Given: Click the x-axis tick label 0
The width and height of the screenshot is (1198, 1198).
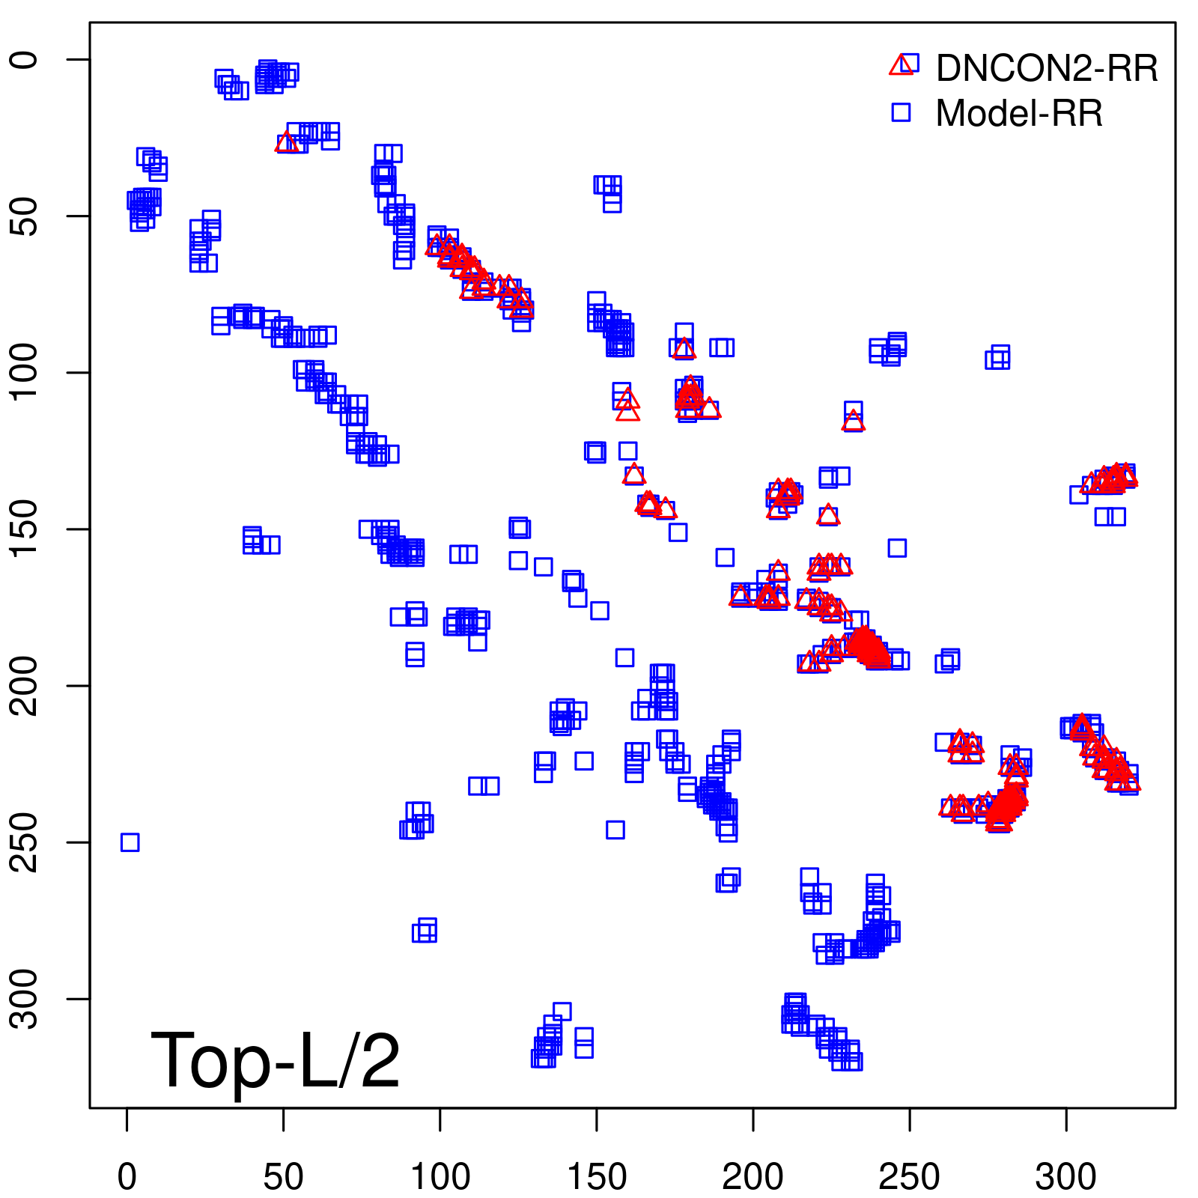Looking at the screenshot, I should click(127, 1177).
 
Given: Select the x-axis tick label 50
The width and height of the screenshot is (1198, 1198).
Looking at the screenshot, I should click(284, 1177).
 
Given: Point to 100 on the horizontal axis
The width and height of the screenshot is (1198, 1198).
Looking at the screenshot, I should click(440, 1177).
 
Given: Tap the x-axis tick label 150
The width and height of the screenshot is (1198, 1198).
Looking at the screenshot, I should click(597, 1177).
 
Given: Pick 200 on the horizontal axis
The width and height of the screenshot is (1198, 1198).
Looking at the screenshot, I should click(753, 1177).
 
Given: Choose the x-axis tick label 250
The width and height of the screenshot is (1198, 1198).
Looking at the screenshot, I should click(910, 1177).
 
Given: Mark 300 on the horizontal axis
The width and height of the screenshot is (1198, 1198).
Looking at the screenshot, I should click(1066, 1177).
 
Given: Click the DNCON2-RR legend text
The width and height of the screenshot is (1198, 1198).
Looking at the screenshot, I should click(1047, 68).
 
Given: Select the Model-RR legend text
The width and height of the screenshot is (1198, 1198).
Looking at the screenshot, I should click(1019, 113).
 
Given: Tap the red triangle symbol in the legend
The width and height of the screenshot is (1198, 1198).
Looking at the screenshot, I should click(901, 65).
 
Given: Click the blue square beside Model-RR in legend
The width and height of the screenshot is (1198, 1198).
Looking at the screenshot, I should click(901, 112).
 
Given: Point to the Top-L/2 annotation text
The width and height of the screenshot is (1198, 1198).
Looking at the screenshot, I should click(276, 1060).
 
